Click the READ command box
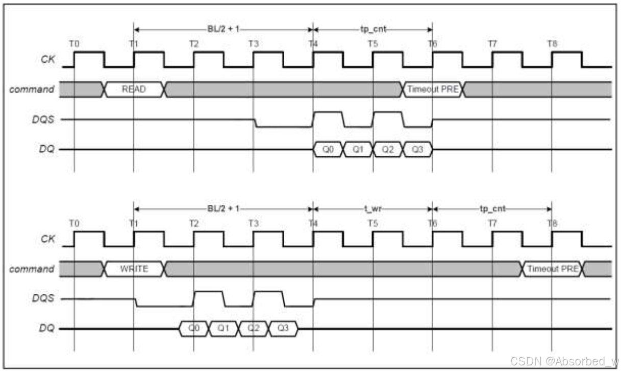(x=135, y=89)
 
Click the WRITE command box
(x=135, y=269)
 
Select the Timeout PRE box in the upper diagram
(x=433, y=89)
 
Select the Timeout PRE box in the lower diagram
(x=552, y=269)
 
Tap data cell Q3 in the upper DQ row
(x=417, y=150)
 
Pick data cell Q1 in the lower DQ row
(x=223, y=329)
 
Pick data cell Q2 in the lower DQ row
(x=253, y=329)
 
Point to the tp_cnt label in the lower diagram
(x=492, y=208)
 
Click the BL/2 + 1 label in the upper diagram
(x=222, y=29)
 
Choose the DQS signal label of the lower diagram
(x=44, y=299)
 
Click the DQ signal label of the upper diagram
(x=47, y=150)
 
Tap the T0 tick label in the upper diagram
(x=74, y=43)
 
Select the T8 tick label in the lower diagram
(x=552, y=223)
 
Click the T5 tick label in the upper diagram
(x=372, y=43)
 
